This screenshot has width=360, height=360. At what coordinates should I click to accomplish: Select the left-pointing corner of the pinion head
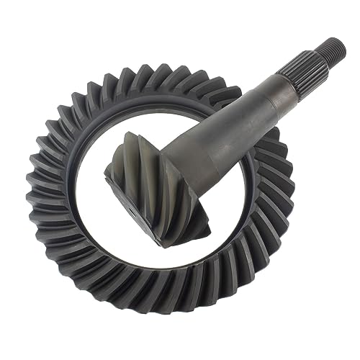coord(107,169)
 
